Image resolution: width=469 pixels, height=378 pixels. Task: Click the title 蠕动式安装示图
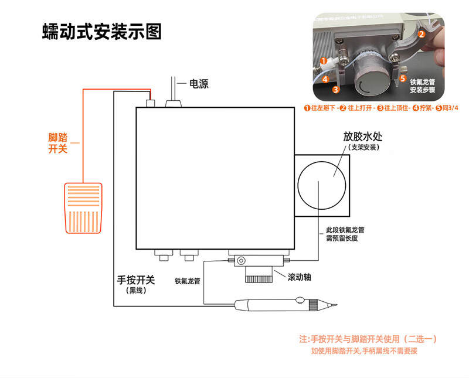tap(101, 32)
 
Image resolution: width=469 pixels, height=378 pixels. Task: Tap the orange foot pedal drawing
tap(83, 208)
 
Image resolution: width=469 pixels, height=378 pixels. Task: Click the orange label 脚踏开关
tap(57, 143)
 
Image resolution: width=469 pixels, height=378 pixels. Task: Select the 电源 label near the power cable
tap(199, 84)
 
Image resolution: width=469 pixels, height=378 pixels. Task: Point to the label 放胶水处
tap(362, 137)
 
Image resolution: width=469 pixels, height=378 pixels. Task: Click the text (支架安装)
tap(363, 147)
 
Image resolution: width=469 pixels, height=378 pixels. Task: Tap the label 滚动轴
tap(299, 277)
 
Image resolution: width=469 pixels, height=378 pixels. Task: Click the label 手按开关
tap(136, 280)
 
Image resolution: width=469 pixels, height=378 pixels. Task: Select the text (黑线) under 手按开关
tap(136, 290)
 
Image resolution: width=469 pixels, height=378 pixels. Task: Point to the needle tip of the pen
tap(337, 305)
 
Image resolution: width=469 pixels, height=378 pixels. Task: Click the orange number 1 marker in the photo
tap(323, 61)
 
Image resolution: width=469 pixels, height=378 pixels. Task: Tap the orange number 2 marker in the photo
tap(421, 34)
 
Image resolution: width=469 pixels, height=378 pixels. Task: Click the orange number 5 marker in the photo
tap(403, 79)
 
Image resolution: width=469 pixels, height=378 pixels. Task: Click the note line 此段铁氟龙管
tap(345, 230)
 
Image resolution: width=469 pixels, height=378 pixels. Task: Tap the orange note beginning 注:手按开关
tap(368, 339)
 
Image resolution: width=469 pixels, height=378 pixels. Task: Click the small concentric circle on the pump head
tap(241, 261)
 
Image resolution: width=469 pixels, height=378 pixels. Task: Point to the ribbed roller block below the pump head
tap(259, 275)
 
